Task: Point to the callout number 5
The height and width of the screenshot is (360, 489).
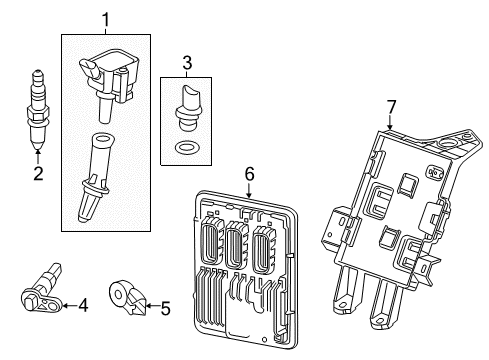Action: (165, 308)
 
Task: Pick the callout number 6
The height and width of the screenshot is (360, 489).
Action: (250, 176)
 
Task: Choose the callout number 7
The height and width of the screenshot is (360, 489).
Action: (391, 106)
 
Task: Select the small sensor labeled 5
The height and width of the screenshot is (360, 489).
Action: (125, 297)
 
